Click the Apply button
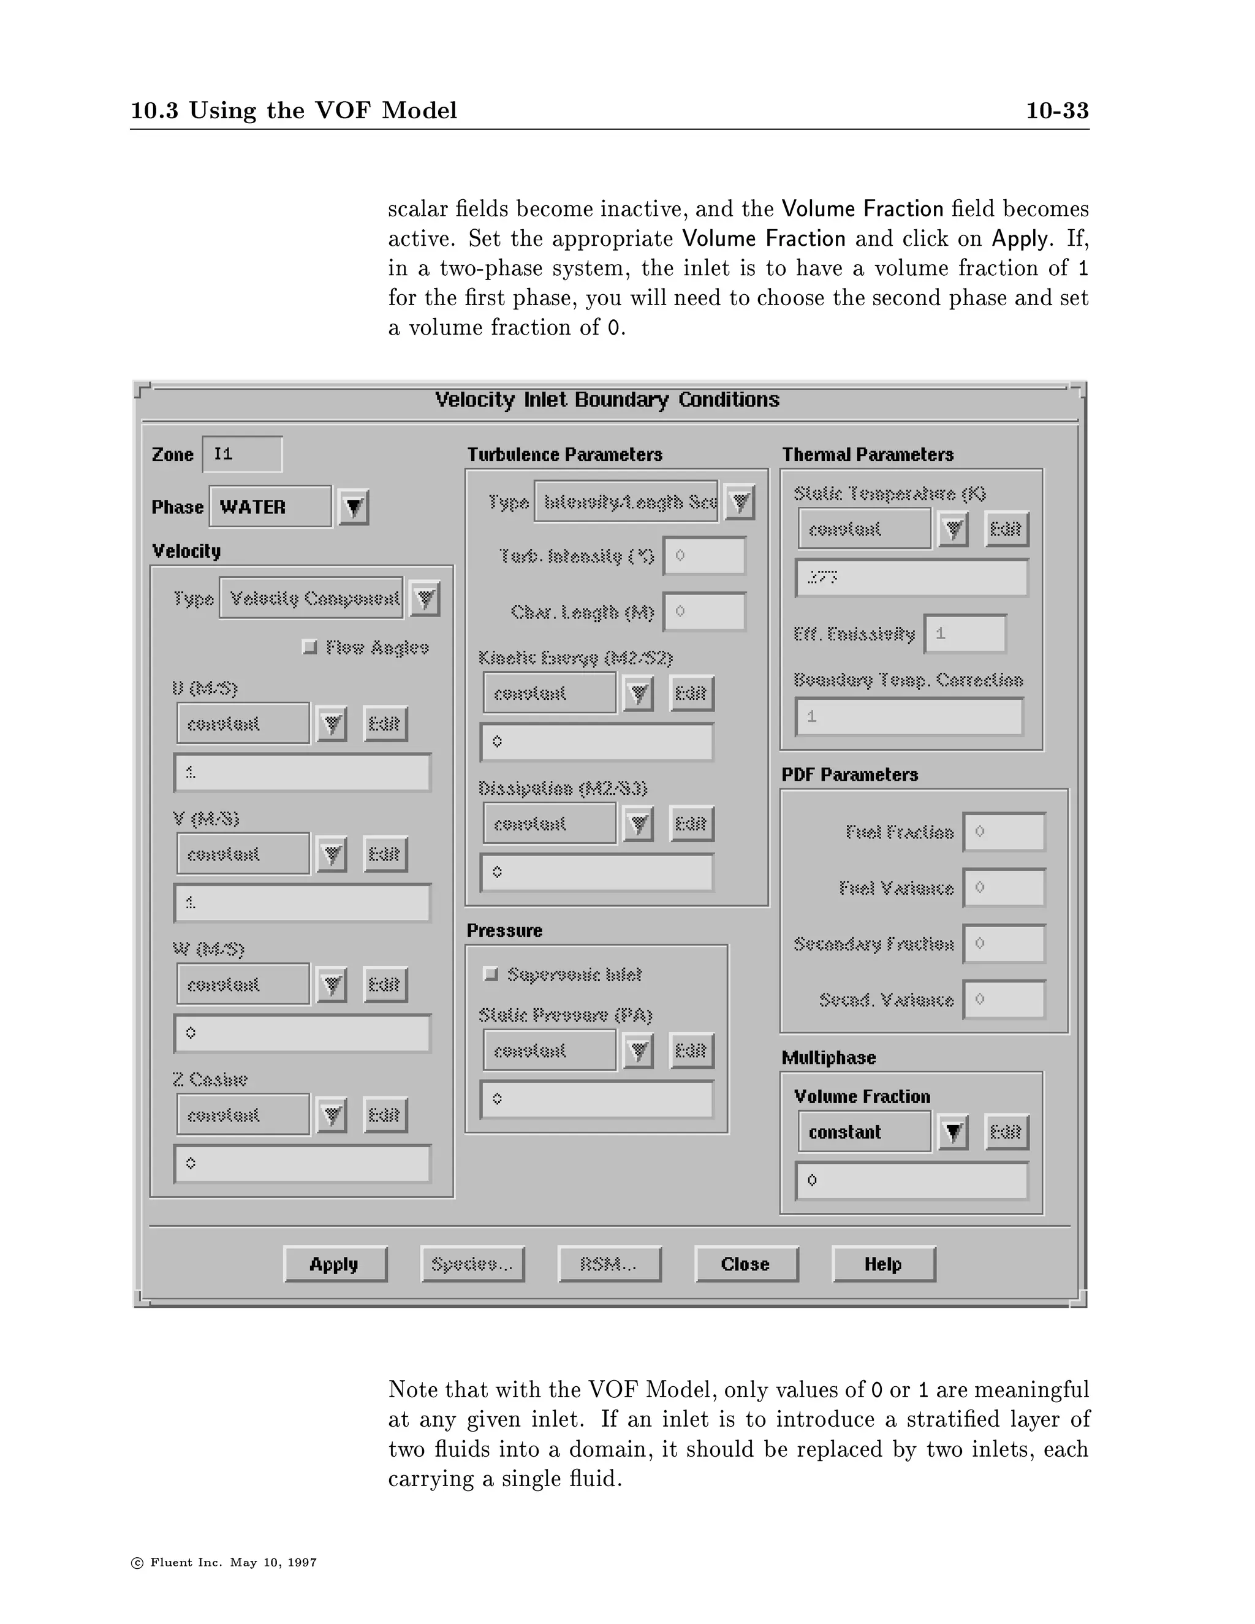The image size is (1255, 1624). pos(335,1264)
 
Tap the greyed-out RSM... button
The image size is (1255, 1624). pos(609,1264)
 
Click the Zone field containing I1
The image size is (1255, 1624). pos(243,454)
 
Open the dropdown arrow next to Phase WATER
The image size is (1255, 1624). pos(354,507)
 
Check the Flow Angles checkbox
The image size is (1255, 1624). pos(310,647)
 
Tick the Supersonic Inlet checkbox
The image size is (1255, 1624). pos(491,974)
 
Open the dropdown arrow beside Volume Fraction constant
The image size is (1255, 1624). pos(952,1133)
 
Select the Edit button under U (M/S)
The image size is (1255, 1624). pos(384,724)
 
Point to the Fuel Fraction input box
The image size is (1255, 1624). pos(1004,832)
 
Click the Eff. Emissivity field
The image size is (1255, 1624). pos(965,634)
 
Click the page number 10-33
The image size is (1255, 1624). pos(1056,111)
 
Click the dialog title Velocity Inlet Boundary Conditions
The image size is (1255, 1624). pos(607,400)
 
